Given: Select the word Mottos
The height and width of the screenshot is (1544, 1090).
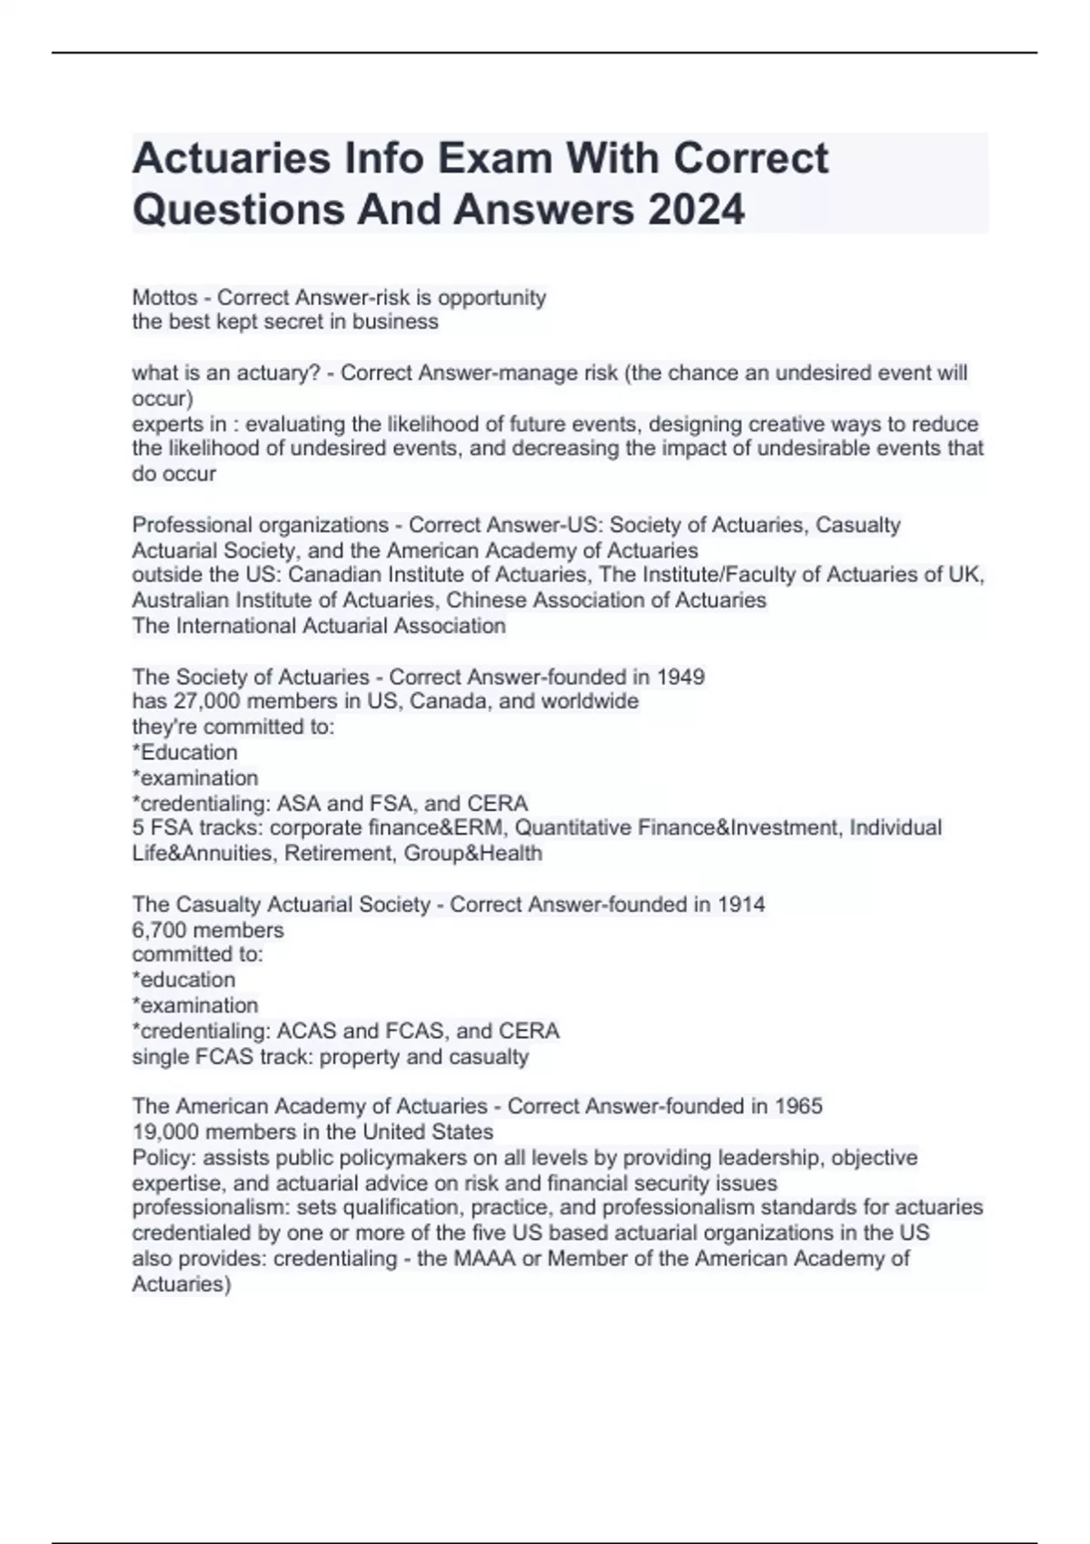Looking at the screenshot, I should [x=164, y=297].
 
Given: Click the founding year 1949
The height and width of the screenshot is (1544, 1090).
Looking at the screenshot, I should [x=680, y=677].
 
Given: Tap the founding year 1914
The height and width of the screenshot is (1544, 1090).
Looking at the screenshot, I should [x=740, y=905].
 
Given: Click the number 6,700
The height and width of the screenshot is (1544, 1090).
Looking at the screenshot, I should [x=159, y=930].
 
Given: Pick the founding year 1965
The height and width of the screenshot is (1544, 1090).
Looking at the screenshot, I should [x=798, y=1106].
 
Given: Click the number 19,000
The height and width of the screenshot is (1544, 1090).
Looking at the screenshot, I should [x=165, y=1132].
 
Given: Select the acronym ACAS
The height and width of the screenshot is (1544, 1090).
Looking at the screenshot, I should [x=306, y=1031].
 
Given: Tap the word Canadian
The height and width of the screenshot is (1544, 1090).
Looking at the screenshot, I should [x=331, y=575].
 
